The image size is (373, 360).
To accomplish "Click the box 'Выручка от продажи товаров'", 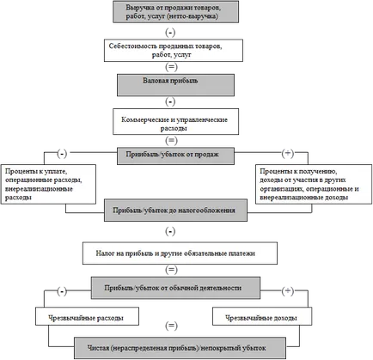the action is pos(175,12).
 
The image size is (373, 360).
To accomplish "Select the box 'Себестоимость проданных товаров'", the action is pos(174,51).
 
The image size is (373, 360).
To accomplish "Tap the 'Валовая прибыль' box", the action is pos(175,85).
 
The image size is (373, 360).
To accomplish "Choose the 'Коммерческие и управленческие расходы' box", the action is pos(175,121).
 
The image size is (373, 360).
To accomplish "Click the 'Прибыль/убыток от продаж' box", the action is pos(175,156).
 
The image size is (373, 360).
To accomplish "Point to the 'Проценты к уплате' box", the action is pos(48,184).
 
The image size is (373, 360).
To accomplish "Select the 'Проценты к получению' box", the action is pos(314,184).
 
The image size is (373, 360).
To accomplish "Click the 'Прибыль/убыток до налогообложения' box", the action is pos(175,211).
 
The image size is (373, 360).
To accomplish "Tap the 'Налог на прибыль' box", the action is pos(180,253).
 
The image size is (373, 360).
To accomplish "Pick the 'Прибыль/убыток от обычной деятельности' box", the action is pos(175,288).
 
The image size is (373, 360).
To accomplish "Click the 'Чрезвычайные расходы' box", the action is pos(87,316).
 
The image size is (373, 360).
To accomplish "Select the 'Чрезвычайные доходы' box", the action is pos(262,316).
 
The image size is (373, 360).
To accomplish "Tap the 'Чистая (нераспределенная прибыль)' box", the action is pos(180,348).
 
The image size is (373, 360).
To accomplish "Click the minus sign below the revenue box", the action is pos(170,33).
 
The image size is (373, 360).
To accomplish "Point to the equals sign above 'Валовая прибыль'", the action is pos(171,67).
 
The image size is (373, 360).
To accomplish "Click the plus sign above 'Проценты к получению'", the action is pos(288,153).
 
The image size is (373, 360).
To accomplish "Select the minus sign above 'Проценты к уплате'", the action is pos(62,154).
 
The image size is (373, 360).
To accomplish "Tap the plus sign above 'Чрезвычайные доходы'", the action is pos(288,291).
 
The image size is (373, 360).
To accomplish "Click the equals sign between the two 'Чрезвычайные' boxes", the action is pos(171,326).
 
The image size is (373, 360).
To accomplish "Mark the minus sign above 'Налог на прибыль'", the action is pos(170,231).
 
